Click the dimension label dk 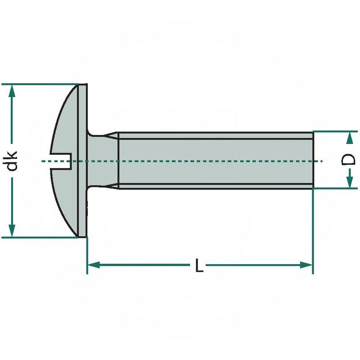point(13,161)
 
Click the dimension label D point(349,160)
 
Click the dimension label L point(199,266)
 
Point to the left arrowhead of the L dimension point(92,265)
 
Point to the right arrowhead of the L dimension point(307,265)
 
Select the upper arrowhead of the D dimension point(349,137)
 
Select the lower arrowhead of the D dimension point(349,183)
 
